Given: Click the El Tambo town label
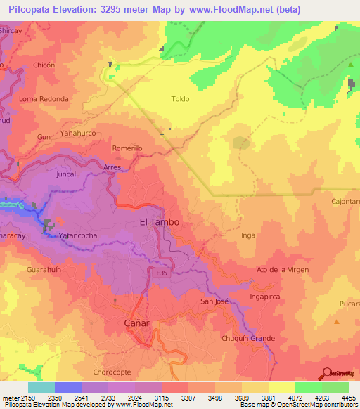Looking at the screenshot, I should (160, 221).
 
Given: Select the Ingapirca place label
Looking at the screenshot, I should (265, 297).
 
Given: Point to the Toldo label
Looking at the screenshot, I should (180, 99).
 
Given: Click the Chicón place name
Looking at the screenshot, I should (44, 65).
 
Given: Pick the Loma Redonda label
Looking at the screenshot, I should (44, 99).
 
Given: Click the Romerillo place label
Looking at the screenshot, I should (127, 148).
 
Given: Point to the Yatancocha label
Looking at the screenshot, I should (78, 235).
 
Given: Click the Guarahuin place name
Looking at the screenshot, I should (44, 268).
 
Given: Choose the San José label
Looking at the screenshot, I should (214, 301).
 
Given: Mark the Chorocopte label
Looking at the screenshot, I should (112, 372).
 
